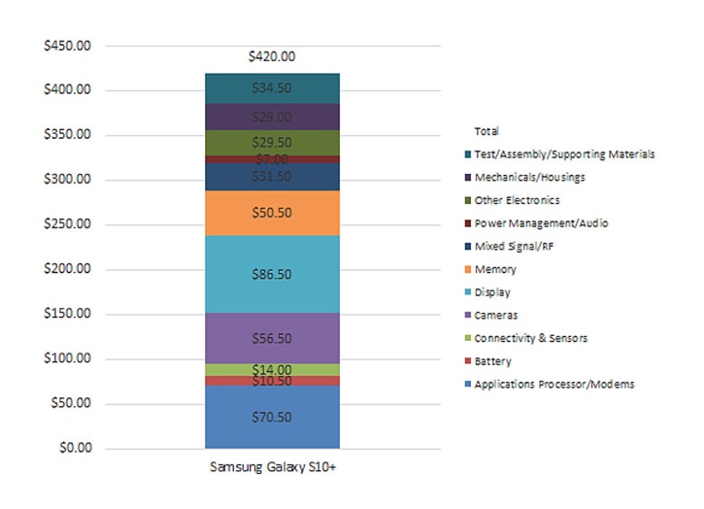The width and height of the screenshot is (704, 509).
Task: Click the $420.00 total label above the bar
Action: tap(271, 56)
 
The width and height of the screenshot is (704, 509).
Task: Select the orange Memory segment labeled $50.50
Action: tap(271, 213)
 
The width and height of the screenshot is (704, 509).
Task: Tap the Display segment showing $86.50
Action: tap(271, 275)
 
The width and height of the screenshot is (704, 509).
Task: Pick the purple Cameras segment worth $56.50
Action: tap(271, 338)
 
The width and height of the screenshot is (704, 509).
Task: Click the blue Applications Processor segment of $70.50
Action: tap(271, 417)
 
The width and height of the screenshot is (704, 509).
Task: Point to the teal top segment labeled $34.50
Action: tap(271, 87)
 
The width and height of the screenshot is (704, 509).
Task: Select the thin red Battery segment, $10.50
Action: tap(271, 381)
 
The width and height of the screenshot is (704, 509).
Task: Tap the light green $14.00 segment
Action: tap(271, 370)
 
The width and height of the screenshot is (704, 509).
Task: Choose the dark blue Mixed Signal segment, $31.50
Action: tap(271, 176)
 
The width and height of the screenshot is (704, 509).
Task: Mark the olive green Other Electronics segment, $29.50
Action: tap(271, 142)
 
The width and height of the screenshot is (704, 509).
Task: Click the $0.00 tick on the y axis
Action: tap(76, 449)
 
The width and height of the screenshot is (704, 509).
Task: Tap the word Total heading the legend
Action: tap(486, 130)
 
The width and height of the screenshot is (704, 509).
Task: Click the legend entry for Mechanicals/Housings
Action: tap(530, 177)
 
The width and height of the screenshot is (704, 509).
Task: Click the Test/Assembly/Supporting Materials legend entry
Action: tap(557, 154)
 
